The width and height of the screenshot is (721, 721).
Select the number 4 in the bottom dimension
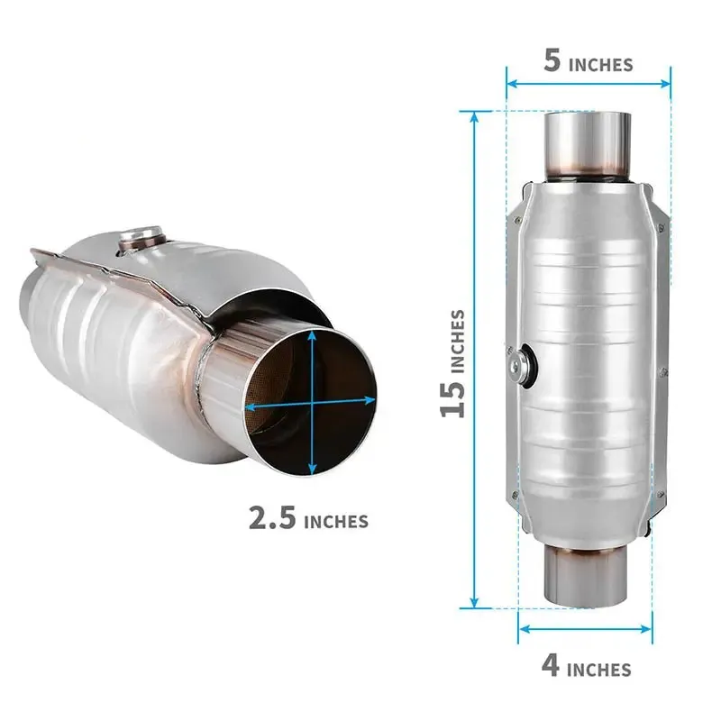click(x=550, y=666)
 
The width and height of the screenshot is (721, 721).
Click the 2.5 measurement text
click(x=272, y=518)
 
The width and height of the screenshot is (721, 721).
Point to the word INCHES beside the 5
click(x=601, y=64)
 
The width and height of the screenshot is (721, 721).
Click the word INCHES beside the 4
click(x=598, y=670)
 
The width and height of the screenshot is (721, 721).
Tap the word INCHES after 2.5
click(x=336, y=521)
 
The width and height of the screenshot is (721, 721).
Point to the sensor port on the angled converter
click(x=141, y=239)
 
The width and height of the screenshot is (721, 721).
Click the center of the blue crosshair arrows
click(x=312, y=403)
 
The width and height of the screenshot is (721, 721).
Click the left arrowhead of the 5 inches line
click(x=510, y=84)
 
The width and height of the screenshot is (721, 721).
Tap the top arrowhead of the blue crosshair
click(x=312, y=334)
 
